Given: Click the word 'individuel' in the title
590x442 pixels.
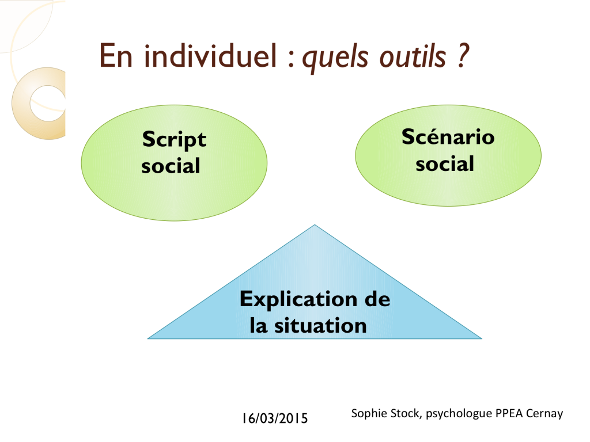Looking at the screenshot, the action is pyautogui.click(x=211, y=55).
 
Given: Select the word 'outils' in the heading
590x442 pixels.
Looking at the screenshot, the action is pyautogui.click(x=413, y=56).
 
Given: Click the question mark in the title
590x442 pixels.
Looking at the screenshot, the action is pyautogui.click(x=463, y=55).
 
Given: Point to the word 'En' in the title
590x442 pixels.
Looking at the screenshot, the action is pyautogui.click(x=116, y=56).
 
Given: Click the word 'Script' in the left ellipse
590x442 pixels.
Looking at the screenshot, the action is pyautogui.click(x=174, y=140).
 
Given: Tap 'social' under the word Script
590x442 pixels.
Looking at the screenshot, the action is pyautogui.click(x=171, y=166).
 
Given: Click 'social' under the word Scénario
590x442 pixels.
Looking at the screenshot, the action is pyautogui.click(x=445, y=163).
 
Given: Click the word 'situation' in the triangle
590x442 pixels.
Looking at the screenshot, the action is pyautogui.click(x=320, y=326).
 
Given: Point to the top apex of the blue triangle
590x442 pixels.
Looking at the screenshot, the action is pyautogui.click(x=315, y=225).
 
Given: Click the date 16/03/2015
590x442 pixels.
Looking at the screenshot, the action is pyautogui.click(x=275, y=418).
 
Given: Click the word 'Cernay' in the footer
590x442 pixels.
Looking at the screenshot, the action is pyautogui.click(x=544, y=414).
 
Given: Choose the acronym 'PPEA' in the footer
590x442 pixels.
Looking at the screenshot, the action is pyautogui.click(x=509, y=413).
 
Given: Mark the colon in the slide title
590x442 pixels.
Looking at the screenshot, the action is pyautogui.click(x=291, y=60).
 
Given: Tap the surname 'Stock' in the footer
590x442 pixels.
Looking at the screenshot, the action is pyautogui.click(x=406, y=413).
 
